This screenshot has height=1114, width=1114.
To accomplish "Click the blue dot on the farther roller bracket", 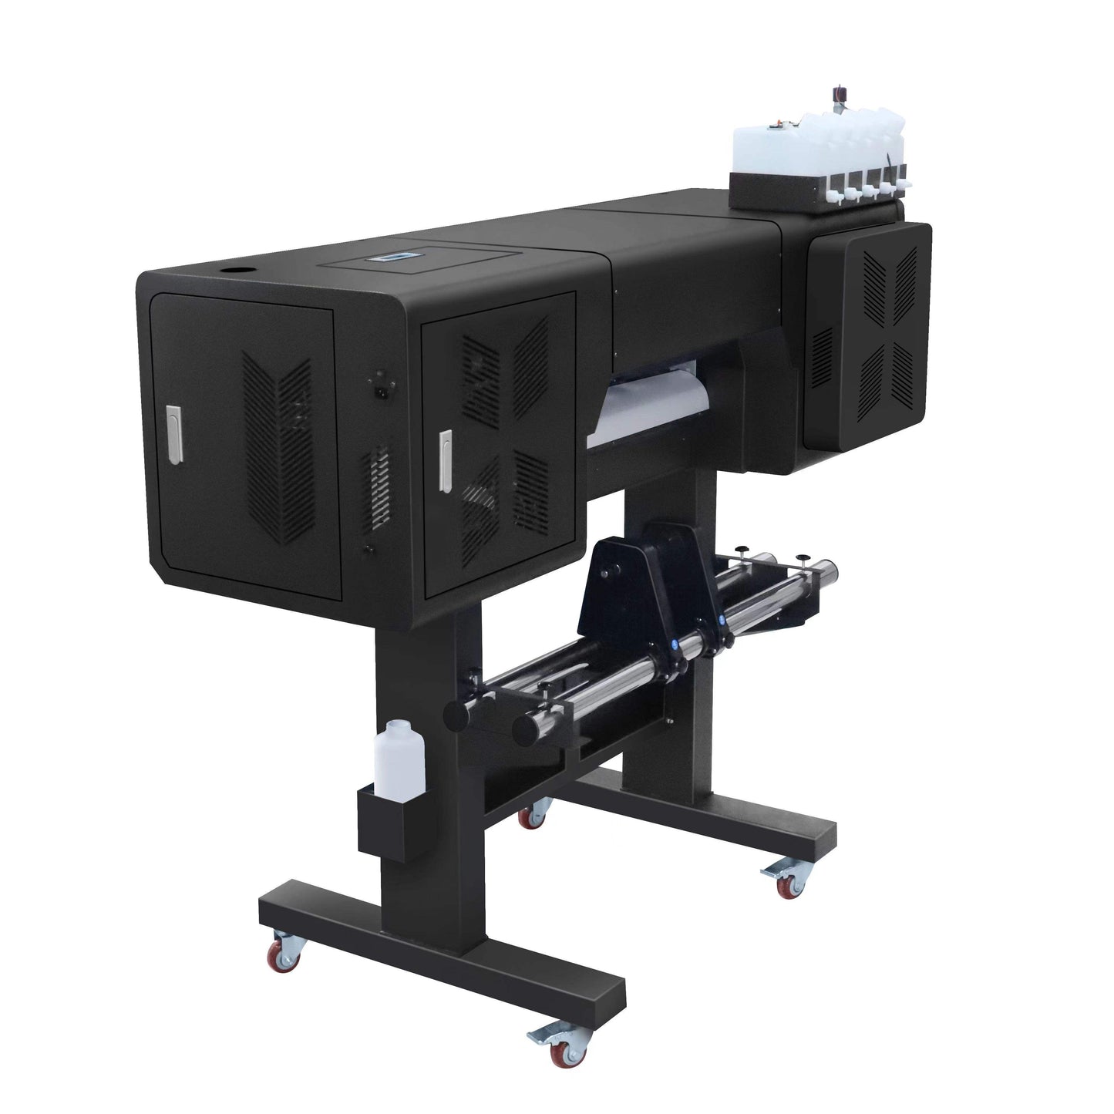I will tap(722, 619).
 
